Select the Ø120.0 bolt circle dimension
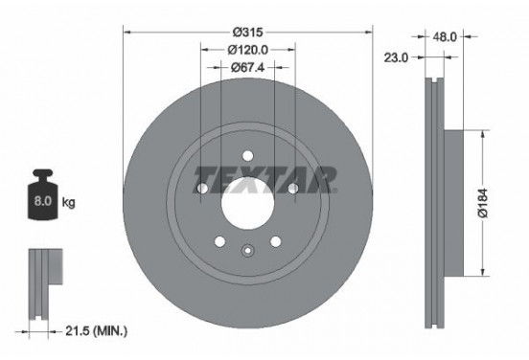(247, 49)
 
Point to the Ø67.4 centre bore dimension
(247, 67)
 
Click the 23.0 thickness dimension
(397, 58)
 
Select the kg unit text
(68, 204)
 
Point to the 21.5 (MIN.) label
(94, 332)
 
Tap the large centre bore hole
(247, 203)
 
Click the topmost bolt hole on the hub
(247, 155)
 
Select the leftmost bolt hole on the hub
(201, 189)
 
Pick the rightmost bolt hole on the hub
(292, 189)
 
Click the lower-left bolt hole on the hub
(219, 241)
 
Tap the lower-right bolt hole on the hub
(275, 241)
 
